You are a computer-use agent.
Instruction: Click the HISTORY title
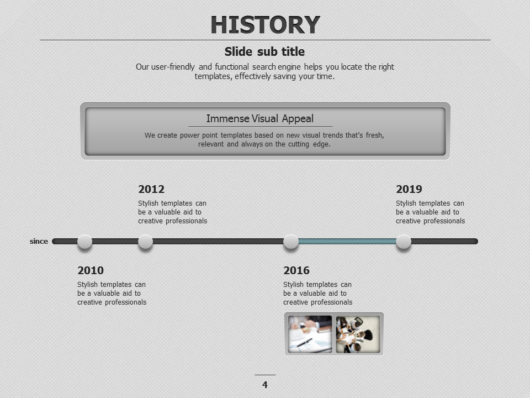[266, 25]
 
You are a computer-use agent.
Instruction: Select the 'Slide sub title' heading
[264, 51]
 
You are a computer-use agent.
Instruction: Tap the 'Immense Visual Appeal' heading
[260, 118]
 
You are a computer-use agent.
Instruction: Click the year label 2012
[151, 189]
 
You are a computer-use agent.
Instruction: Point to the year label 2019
[409, 189]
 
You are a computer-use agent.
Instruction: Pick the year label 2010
[91, 270]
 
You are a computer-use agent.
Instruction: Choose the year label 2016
[296, 270]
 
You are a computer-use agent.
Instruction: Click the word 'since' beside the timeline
[39, 242]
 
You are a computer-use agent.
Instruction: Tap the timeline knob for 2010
[84, 242]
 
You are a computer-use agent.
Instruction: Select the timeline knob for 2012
[145, 242]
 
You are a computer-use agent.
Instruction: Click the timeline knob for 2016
[291, 242]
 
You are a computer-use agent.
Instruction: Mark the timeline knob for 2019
[404, 242]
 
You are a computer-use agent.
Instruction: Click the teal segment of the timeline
[347, 242]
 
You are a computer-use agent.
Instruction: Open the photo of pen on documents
[310, 334]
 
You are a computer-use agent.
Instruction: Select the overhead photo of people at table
[358, 334]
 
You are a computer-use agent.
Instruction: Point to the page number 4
[265, 385]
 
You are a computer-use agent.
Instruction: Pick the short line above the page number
[265, 375]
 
